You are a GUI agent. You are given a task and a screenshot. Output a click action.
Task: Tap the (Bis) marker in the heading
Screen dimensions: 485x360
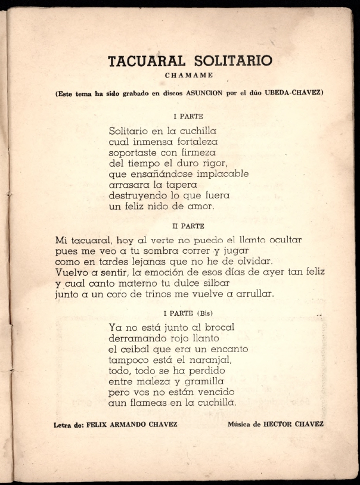[x=204, y=313]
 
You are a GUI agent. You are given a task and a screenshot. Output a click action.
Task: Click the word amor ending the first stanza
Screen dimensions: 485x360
[x=200, y=207]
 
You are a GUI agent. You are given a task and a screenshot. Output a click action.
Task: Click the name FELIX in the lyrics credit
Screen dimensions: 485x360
[x=98, y=424]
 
